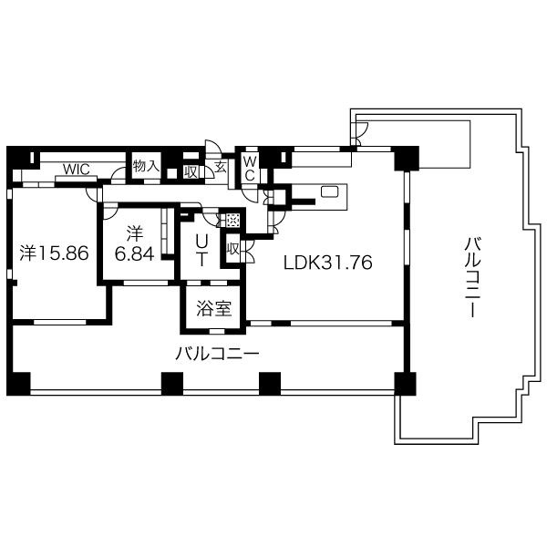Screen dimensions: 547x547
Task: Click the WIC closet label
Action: pos(77,170)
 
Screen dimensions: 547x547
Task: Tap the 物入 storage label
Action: pos(146,166)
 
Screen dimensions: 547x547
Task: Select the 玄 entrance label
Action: pos(221,167)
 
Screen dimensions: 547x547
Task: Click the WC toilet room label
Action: pos(250,169)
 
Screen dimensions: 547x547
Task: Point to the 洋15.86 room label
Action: pos(54,253)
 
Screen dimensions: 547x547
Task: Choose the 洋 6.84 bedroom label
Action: pos(135,244)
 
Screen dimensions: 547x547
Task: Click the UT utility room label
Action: pos(201,250)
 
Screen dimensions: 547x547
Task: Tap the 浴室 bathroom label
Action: pos(214,308)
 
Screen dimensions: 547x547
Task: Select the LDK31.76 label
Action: pos(328,263)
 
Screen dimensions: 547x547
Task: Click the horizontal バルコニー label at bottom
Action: pos(217,354)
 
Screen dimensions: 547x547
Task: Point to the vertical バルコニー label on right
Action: pos(472,277)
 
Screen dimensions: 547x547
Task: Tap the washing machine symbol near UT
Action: pos(232,220)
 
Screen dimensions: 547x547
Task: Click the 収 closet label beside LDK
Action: pos(232,249)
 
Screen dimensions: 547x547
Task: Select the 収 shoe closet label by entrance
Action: pos(191,171)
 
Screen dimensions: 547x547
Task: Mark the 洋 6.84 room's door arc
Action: pos(111,213)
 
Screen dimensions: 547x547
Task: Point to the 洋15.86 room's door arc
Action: pos(91,195)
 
